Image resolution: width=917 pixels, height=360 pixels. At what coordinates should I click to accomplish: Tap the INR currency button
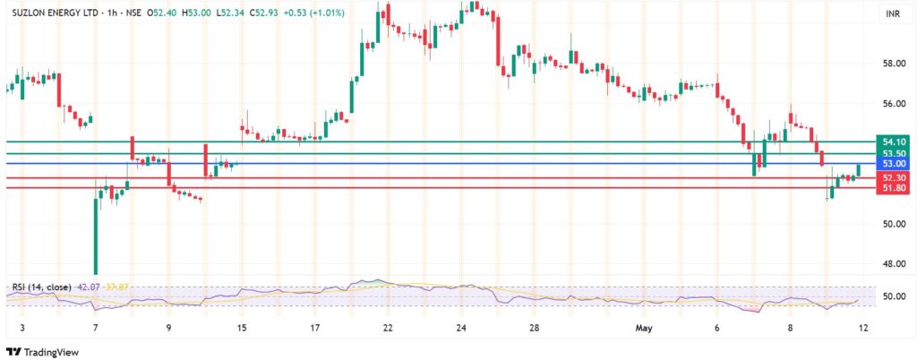(x=892, y=14)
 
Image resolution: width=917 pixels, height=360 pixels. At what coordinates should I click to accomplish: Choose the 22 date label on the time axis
(x=388, y=329)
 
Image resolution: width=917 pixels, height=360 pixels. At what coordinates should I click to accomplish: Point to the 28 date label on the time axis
(x=534, y=329)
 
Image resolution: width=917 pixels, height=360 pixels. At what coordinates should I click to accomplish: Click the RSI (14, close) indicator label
(x=42, y=287)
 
